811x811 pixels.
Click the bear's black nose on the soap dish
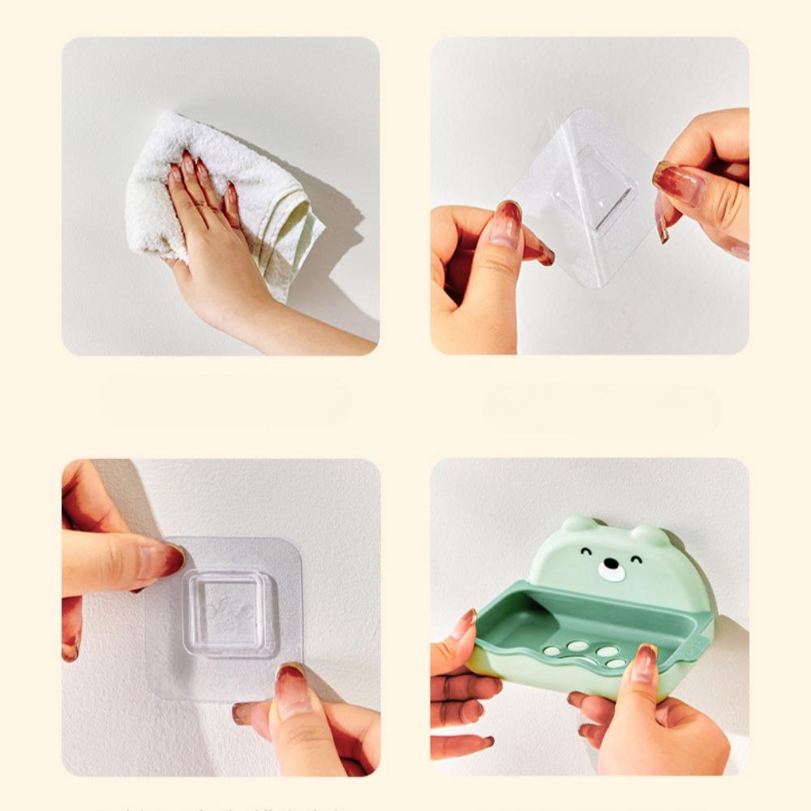[x=611, y=568]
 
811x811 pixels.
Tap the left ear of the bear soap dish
[x=579, y=524]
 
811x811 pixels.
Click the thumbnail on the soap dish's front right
[x=645, y=663]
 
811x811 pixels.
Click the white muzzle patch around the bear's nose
[x=611, y=571]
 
